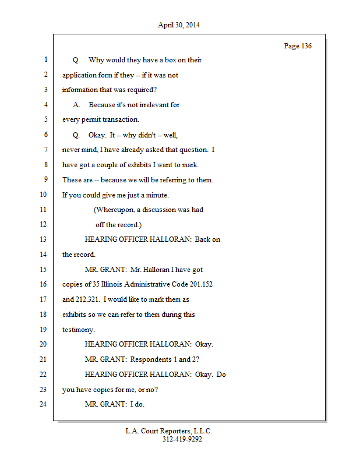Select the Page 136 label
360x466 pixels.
pos(297,46)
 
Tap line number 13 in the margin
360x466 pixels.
pos(43,240)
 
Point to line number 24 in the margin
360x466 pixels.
pos(43,404)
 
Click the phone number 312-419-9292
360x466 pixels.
pos(182,440)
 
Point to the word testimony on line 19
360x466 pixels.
pos(77,330)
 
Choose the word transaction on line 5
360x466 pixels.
pos(119,120)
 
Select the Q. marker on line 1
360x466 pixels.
pos(76,60)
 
